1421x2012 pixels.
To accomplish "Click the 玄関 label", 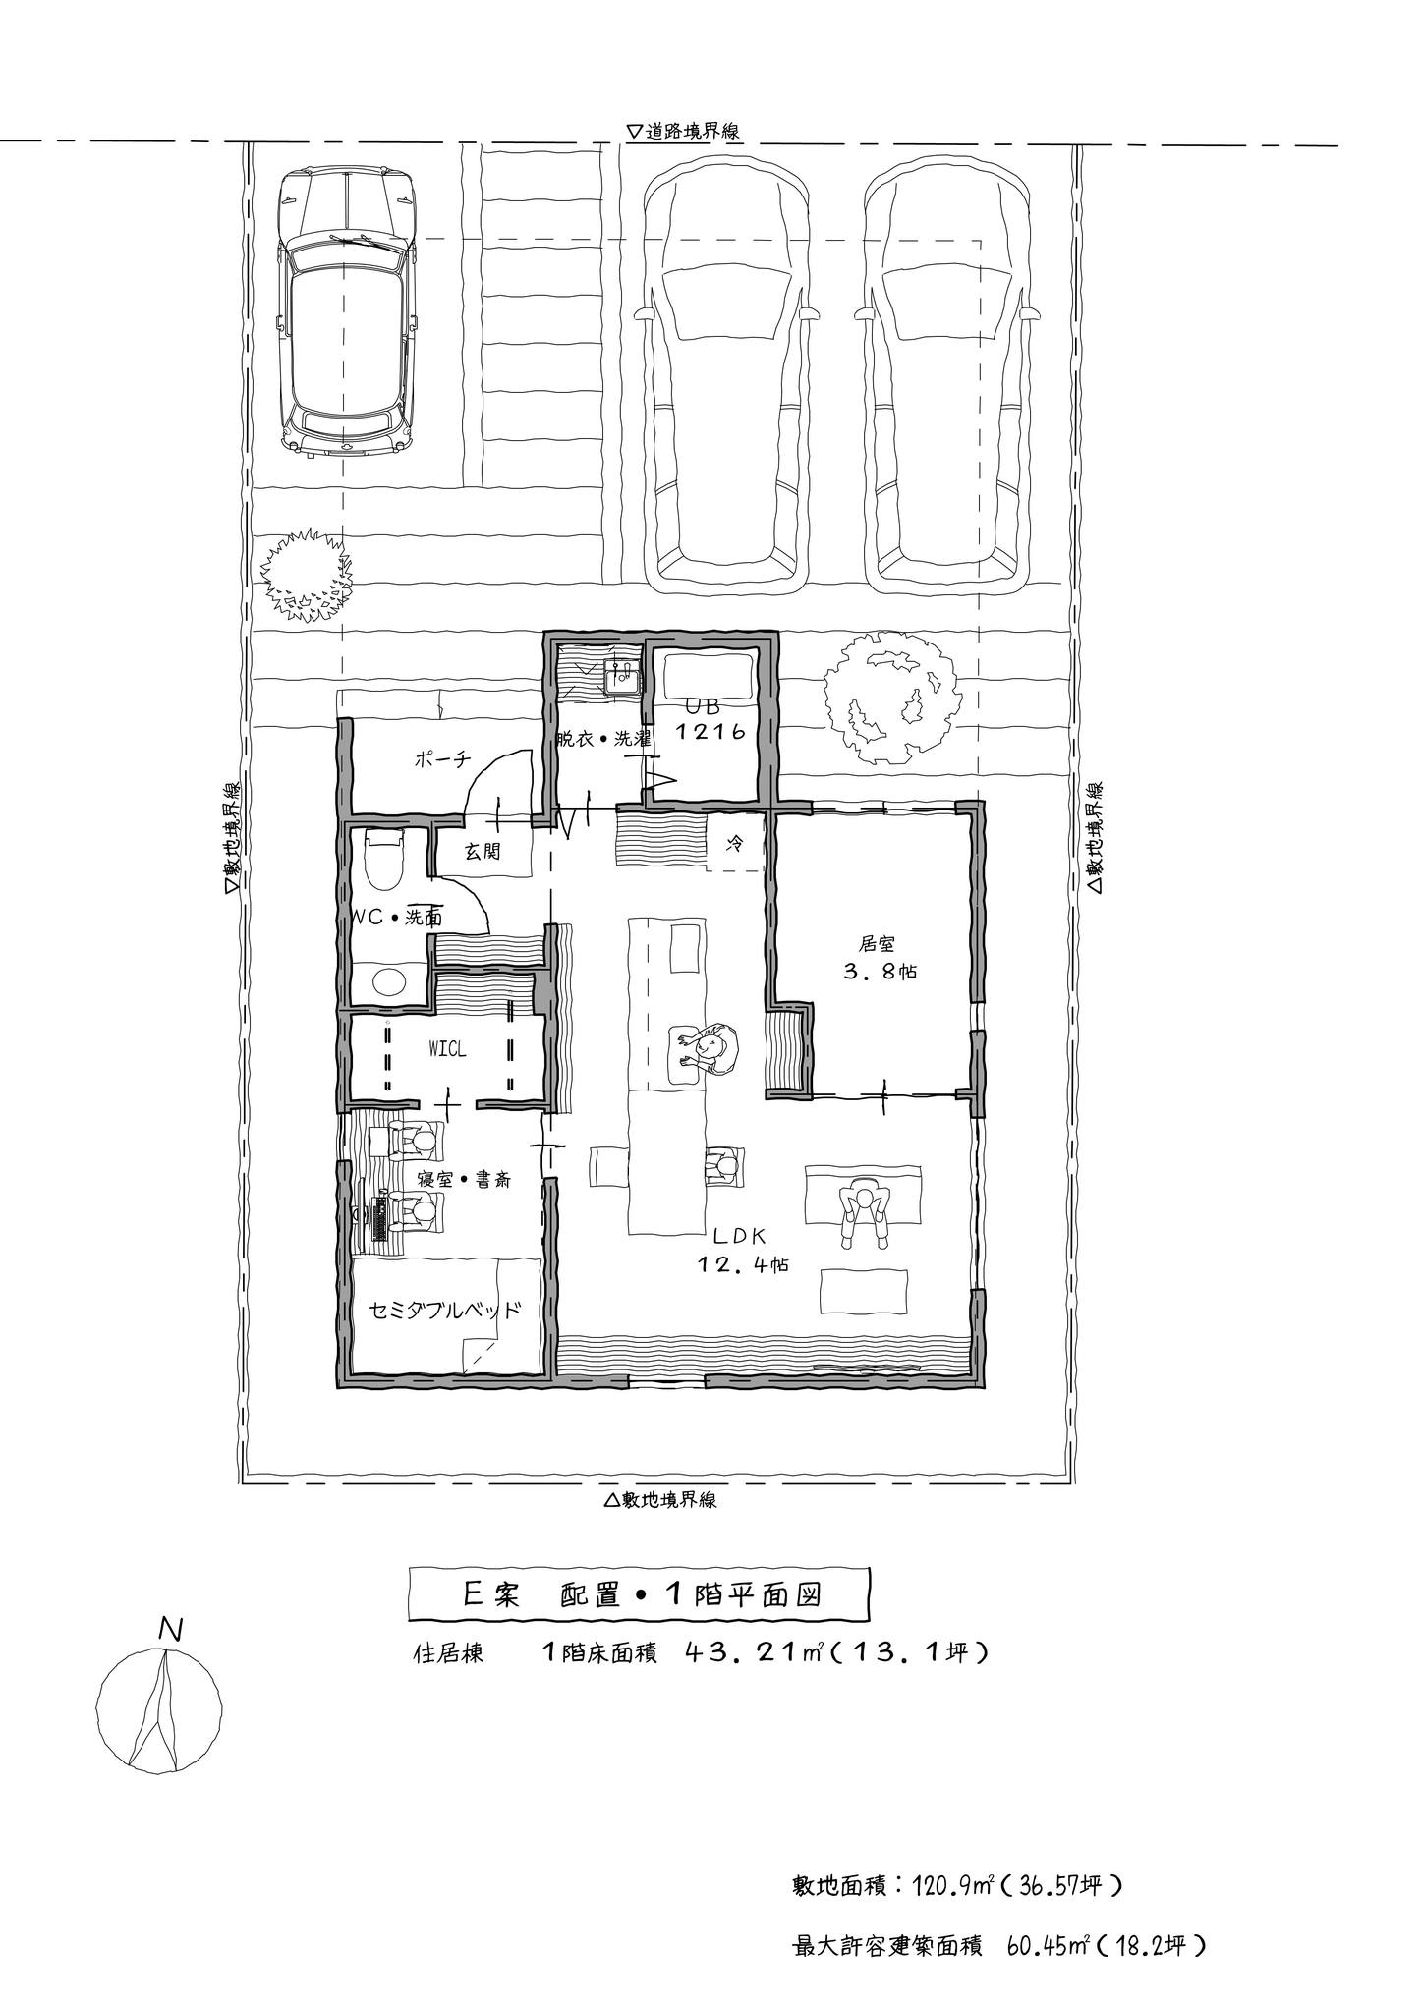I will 483,852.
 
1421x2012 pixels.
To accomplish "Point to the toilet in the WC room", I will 384,859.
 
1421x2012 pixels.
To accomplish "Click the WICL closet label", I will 447,1050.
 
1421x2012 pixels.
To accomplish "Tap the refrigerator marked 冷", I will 734,843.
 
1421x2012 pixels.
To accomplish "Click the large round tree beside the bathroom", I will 889,697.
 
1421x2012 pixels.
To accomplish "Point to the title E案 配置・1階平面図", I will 640,1595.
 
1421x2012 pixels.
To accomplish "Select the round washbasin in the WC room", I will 389,981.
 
